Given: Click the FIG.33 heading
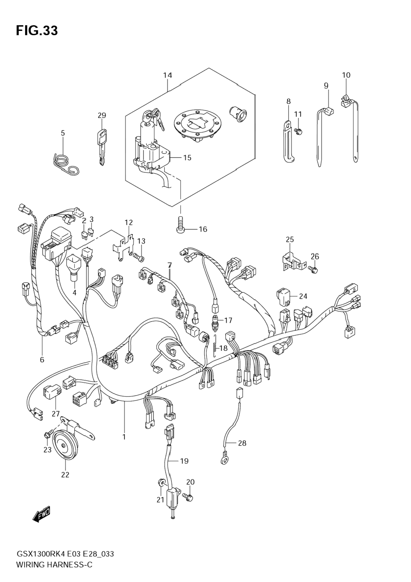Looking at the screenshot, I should tap(37, 30).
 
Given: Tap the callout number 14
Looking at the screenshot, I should tap(168, 75).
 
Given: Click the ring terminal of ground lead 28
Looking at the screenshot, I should tap(224, 460).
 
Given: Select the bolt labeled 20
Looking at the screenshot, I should tap(189, 497).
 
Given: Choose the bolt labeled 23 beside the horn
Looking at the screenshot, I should tap(47, 436).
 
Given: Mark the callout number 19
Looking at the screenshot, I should tap(184, 461).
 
